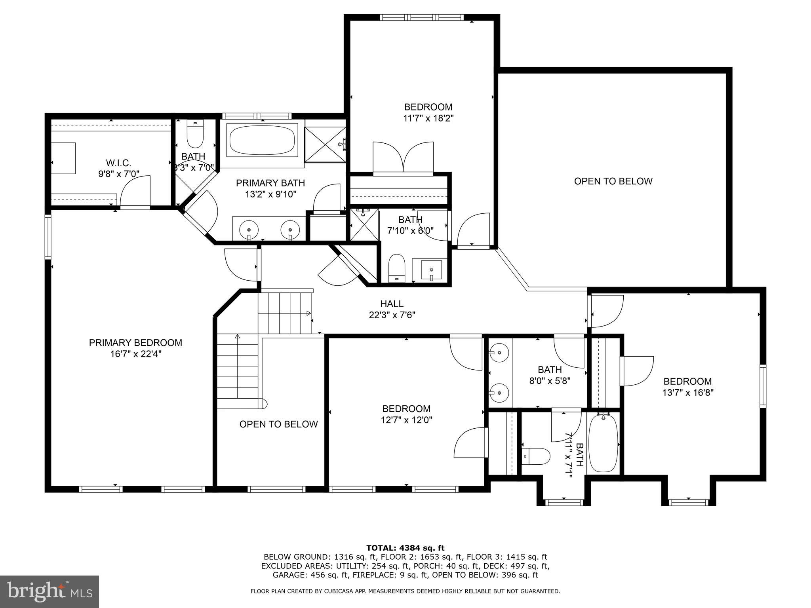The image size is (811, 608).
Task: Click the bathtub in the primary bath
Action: tap(263, 141)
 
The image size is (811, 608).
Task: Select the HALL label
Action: tap(392, 304)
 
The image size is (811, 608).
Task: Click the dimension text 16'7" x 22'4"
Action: tap(136, 354)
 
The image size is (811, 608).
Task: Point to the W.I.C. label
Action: tap(118, 163)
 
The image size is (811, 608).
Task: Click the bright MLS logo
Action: tap(49, 591)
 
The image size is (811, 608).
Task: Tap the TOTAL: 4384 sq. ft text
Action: tap(405, 548)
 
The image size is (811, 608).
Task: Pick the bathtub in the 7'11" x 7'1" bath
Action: tap(603, 443)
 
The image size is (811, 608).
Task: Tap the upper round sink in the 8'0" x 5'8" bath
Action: tap(499, 352)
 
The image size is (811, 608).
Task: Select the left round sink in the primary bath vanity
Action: tap(249, 230)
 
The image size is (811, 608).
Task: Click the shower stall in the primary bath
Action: tap(325, 144)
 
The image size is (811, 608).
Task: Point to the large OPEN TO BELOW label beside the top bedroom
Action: tap(613, 181)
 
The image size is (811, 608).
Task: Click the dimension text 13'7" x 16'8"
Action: tap(688, 393)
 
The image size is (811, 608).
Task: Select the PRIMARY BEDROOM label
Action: tap(135, 343)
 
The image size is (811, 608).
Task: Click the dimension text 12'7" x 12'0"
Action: tap(406, 420)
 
